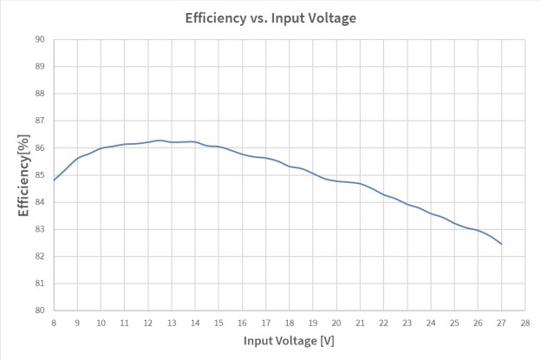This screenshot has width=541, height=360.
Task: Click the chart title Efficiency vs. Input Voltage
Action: pyautogui.click(x=270, y=17)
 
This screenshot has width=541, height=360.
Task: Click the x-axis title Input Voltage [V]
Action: pyautogui.click(x=289, y=342)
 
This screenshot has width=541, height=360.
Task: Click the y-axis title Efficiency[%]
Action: pyautogui.click(x=24, y=174)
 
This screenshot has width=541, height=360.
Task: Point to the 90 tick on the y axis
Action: pyautogui.click(x=40, y=39)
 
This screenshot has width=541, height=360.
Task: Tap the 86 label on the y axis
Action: pyautogui.click(x=40, y=147)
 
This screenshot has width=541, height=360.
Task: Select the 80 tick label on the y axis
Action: pyautogui.click(x=40, y=311)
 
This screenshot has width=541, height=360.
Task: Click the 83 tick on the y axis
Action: pyautogui.click(x=40, y=229)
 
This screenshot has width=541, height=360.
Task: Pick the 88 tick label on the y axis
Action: pyautogui.click(x=40, y=94)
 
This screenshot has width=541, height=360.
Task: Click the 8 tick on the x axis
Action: pyautogui.click(x=54, y=322)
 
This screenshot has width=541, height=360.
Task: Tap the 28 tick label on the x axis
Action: pyautogui.click(x=525, y=322)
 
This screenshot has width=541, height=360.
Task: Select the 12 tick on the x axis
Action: pyautogui.click(x=148, y=322)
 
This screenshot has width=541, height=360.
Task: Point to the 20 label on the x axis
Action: pyautogui.click(x=336, y=322)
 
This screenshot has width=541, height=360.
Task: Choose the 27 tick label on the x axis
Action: pyautogui.click(x=502, y=322)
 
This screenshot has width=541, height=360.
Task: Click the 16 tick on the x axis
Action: pyautogui.click(x=243, y=322)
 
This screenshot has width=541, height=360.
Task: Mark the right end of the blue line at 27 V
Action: pyautogui.click(x=502, y=244)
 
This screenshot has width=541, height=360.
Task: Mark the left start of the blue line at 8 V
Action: pyautogui.click(x=54, y=180)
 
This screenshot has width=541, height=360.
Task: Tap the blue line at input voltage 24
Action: pyautogui.click(x=431, y=213)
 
